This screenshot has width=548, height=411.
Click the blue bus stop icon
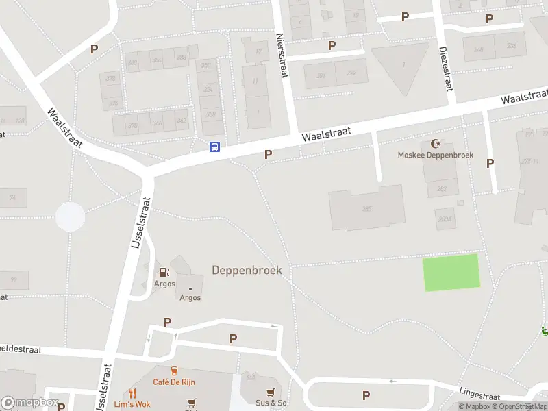coord(214,146)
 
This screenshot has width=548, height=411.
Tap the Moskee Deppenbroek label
coord(436,155)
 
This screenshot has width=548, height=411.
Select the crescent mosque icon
coord(435,144)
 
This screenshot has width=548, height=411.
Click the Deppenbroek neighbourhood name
coord(247,270)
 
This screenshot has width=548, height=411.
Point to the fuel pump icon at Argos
coord(164,273)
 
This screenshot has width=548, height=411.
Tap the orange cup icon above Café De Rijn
coord(175,371)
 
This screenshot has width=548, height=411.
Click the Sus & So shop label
coord(271,403)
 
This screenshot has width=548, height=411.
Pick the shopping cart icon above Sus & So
coord(271,392)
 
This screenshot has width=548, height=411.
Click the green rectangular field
coord(451,272)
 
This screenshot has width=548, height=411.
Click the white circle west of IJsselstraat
coord(70,217)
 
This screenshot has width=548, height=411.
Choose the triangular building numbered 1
coord(403,66)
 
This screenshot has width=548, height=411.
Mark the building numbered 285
coord(366,208)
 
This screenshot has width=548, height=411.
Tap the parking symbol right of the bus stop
coord(268,155)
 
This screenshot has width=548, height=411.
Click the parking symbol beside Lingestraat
coord(366,395)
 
